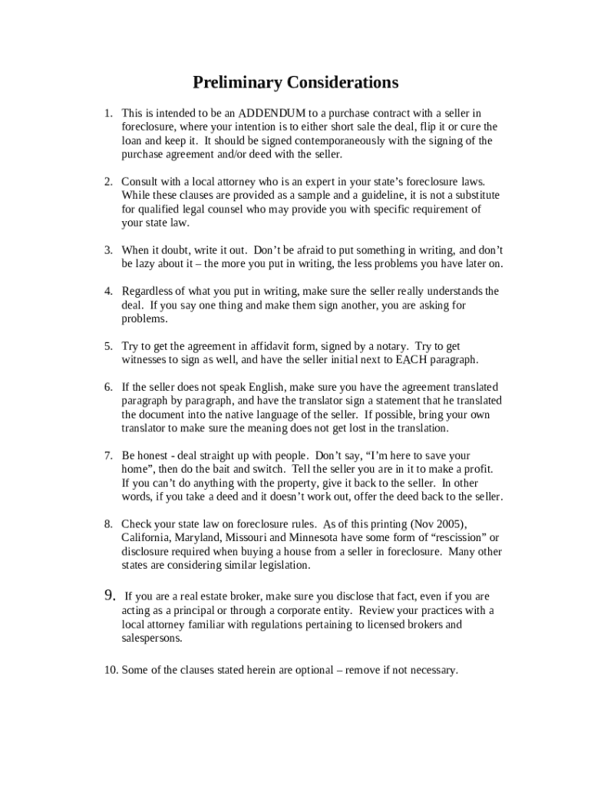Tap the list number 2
tap(109, 182)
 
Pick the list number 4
tap(109, 292)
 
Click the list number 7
tap(109, 456)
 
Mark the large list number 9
tap(109, 596)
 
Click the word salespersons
tap(152, 638)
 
